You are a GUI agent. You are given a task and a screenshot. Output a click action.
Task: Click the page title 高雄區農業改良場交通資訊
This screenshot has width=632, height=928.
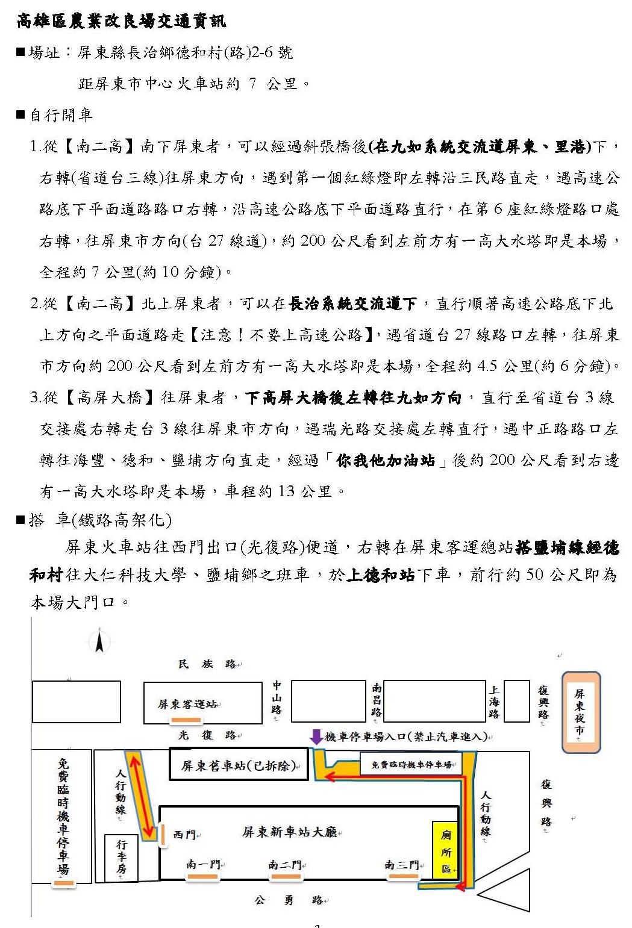tap(122, 22)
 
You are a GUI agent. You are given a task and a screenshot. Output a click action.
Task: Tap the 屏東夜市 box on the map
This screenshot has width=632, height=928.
tap(581, 712)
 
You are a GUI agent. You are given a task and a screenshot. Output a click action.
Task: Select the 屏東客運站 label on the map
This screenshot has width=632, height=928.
tap(188, 703)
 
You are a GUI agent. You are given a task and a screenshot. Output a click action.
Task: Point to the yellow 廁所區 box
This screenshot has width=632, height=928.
tap(446, 851)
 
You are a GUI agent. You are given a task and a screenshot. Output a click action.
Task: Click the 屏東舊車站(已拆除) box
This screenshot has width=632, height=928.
tap(239, 766)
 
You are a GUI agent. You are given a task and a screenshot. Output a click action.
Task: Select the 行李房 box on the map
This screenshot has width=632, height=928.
tap(121, 858)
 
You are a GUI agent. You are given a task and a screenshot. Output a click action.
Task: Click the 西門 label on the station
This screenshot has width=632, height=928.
tap(184, 835)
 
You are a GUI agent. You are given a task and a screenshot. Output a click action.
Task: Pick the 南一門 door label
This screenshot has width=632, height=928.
tap(203, 864)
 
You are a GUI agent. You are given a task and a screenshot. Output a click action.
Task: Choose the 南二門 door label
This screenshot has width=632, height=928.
tap(285, 865)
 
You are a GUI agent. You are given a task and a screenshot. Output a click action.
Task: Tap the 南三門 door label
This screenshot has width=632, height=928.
tap(402, 865)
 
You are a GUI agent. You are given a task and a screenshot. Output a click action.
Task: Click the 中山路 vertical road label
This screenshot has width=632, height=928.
tap(277, 697)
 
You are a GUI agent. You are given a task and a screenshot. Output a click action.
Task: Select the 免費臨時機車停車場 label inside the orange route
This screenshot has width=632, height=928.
tap(411, 764)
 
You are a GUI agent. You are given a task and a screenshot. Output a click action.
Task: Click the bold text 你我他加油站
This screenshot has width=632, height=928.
tap(386, 460)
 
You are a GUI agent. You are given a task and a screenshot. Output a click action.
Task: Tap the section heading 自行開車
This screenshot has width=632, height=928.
tap(61, 114)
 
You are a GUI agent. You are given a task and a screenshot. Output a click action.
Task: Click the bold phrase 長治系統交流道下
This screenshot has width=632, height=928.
tap(352, 304)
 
